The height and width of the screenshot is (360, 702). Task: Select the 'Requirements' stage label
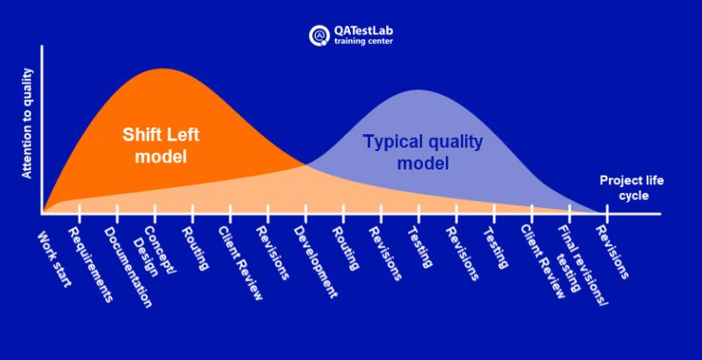[x=90, y=264]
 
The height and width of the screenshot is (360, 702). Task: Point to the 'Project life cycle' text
[x=631, y=188]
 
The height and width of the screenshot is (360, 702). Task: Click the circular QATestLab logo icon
[x=319, y=35]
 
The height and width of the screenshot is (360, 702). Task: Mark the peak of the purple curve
[x=419, y=90]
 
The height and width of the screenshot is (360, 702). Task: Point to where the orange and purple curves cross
[x=305, y=163]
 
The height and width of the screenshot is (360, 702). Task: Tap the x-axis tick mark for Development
[x=306, y=212]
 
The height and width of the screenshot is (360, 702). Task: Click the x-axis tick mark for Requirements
[x=79, y=212]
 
